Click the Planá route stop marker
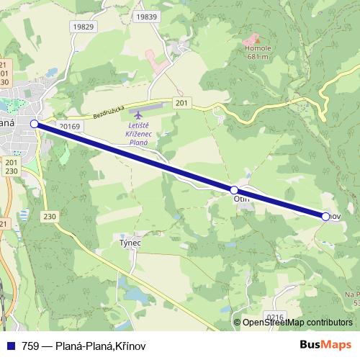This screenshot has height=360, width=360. (34, 124)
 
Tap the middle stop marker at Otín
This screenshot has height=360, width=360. (234, 190)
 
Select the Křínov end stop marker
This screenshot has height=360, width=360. (325, 216)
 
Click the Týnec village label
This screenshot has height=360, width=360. (129, 243)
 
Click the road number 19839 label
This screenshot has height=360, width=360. (145, 17)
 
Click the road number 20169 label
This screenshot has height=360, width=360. (70, 125)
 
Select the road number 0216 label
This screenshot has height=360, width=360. (276, 317)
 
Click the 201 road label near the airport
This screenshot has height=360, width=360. (181, 104)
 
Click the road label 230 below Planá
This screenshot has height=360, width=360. (49, 217)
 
